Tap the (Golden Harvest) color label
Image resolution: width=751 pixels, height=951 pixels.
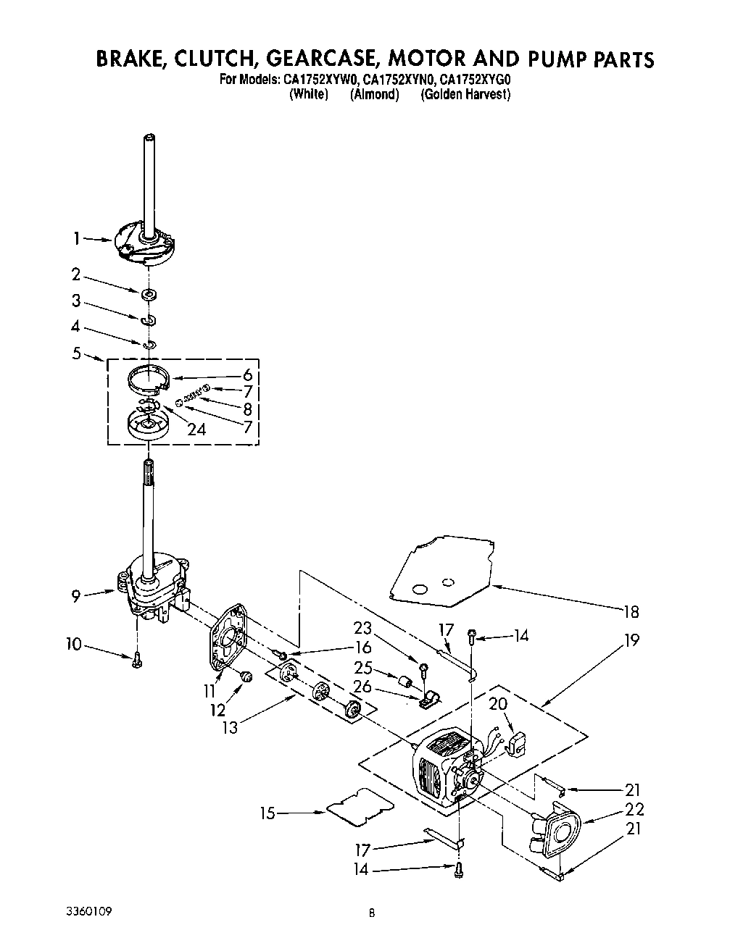click(465, 95)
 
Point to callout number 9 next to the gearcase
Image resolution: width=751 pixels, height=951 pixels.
click(76, 596)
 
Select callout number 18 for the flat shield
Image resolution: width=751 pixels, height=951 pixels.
click(631, 612)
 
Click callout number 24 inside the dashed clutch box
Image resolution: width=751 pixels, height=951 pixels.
click(196, 430)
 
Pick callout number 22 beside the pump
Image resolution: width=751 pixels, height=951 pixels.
click(634, 810)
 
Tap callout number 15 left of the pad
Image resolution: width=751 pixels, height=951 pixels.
click(268, 813)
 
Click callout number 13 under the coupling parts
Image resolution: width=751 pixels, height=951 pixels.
click(230, 728)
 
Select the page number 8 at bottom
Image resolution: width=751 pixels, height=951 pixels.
click(371, 914)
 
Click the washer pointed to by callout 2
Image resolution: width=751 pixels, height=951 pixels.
click(149, 294)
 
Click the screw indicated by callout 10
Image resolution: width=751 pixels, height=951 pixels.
click(137, 660)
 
